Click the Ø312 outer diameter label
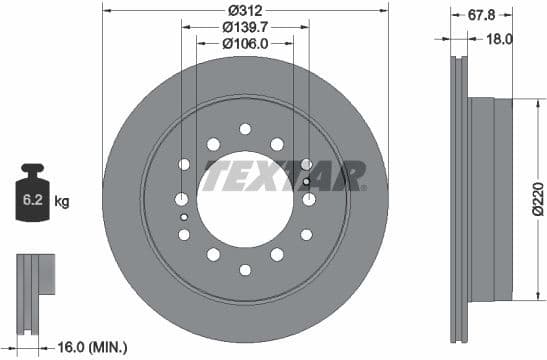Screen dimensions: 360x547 (x=244, y=11)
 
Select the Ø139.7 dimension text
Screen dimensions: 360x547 (x=243, y=27)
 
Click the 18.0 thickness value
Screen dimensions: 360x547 (x=499, y=39)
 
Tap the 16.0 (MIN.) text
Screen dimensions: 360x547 (x=91, y=346)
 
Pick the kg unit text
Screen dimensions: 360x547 (x=62, y=201)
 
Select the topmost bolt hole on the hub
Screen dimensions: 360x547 (x=245, y=128)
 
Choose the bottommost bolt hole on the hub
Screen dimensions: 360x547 (x=245, y=270)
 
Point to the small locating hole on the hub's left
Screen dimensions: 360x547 (x=184, y=215)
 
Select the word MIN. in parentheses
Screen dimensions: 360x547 (x=106, y=346)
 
